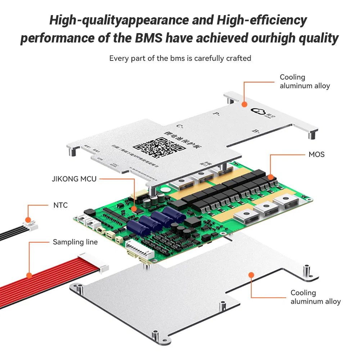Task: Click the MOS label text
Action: [x=316, y=154]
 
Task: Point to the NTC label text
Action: [x=60, y=205]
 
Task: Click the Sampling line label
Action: [x=75, y=242]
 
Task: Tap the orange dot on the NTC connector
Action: [x=28, y=220]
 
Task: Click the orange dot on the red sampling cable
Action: [x=29, y=275]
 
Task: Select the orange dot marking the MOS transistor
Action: [x=270, y=177]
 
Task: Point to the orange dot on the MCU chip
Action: [x=134, y=208]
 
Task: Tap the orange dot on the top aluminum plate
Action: [x=244, y=104]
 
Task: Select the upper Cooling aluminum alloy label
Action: [x=305, y=81]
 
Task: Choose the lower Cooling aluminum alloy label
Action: [x=315, y=297]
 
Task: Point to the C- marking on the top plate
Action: [x=180, y=126]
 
